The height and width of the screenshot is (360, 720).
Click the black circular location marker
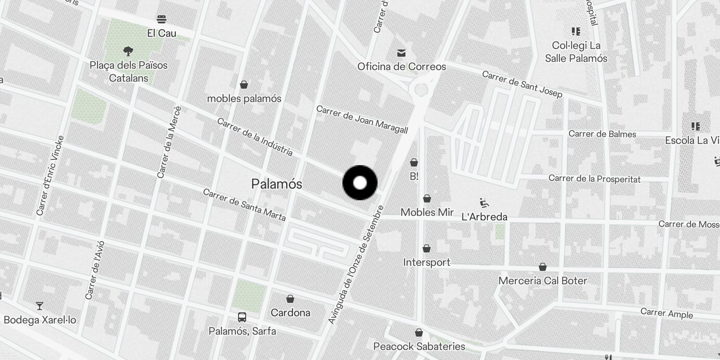click(x=360, y=183)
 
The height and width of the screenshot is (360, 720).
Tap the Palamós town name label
click(x=276, y=184)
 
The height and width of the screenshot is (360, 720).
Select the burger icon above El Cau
click(x=162, y=19)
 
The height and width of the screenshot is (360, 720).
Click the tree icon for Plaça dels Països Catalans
click(x=128, y=51)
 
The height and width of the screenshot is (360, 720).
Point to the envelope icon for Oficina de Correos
click(x=401, y=53)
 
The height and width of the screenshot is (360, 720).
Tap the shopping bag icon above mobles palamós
click(x=244, y=84)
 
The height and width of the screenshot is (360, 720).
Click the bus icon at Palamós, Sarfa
click(x=242, y=317)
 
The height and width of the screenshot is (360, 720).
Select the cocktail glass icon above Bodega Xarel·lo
click(x=40, y=306)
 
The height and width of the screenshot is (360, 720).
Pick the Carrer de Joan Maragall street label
click(x=362, y=120)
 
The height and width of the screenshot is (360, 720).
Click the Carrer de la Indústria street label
click(x=255, y=137)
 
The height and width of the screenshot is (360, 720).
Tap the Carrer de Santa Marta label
click(x=244, y=205)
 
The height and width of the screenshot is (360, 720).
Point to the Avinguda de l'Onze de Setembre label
click(x=356, y=265)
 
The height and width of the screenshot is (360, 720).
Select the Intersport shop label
click(x=427, y=262)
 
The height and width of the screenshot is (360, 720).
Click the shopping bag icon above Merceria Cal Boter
click(x=543, y=267)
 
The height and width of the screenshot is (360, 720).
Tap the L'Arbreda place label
click(x=484, y=216)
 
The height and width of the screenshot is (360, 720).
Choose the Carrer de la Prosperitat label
click(x=594, y=179)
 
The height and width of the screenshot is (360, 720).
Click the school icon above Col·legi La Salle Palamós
click(x=576, y=31)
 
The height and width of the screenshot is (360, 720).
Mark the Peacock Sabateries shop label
click(x=419, y=346)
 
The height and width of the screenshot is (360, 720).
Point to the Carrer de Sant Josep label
click(x=522, y=84)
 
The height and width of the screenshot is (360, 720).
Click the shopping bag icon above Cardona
click(x=290, y=298)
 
